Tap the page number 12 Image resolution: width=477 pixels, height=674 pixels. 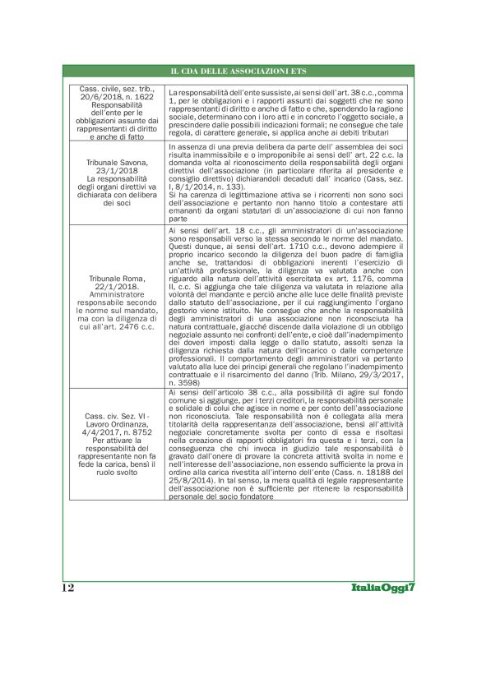coord(67,588)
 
